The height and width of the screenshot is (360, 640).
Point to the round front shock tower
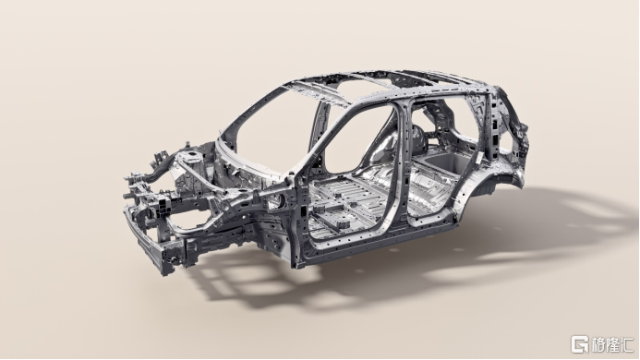(x=191, y=156)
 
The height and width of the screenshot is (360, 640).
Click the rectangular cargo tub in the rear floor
(x=447, y=162)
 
